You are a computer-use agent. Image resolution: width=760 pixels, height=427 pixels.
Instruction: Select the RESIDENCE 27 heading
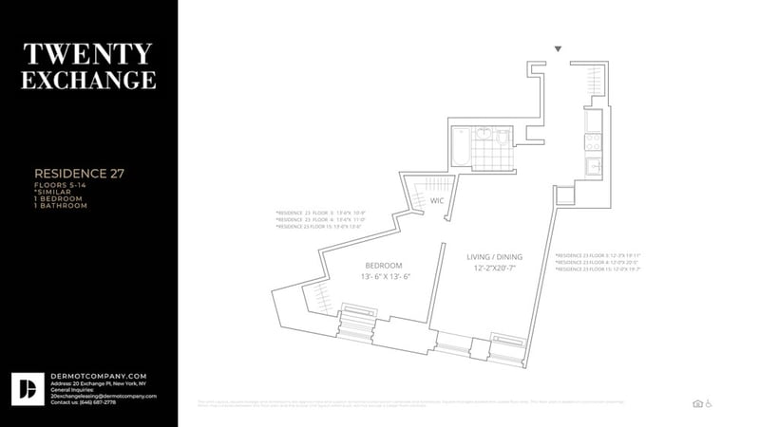pyautogui.click(x=79, y=174)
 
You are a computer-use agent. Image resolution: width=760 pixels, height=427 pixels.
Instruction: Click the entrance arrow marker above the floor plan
pyautogui.click(x=559, y=48)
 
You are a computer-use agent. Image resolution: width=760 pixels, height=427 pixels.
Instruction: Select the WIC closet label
pyautogui.click(x=437, y=201)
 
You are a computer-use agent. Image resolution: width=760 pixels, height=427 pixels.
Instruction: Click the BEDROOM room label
pyautogui.click(x=384, y=265)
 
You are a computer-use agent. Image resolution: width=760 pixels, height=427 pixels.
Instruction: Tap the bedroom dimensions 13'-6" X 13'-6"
pyautogui.click(x=385, y=276)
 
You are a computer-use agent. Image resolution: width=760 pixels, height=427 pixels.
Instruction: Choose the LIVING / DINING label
pyautogui.click(x=494, y=257)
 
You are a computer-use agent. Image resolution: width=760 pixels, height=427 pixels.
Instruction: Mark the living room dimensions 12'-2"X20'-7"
pyautogui.click(x=494, y=270)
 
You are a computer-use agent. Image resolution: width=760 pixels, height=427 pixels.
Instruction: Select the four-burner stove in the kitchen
pyautogui.click(x=592, y=143)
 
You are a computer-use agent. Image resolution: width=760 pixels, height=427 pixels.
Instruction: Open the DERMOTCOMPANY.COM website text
pyautogui.click(x=85, y=375)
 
